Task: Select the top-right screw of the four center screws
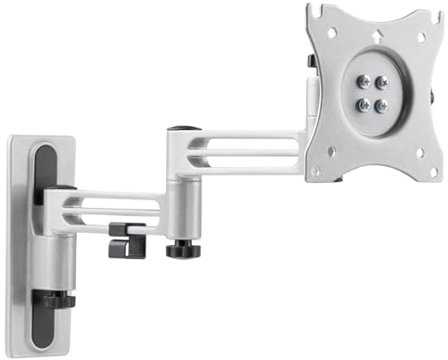click(381, 83)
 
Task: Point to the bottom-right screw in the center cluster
click(381, 104)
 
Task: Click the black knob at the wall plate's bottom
click(58, 299)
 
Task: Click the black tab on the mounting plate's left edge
click(310, 60)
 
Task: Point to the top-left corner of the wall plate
click(10, 139)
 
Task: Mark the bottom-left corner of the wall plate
click(12, 347)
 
